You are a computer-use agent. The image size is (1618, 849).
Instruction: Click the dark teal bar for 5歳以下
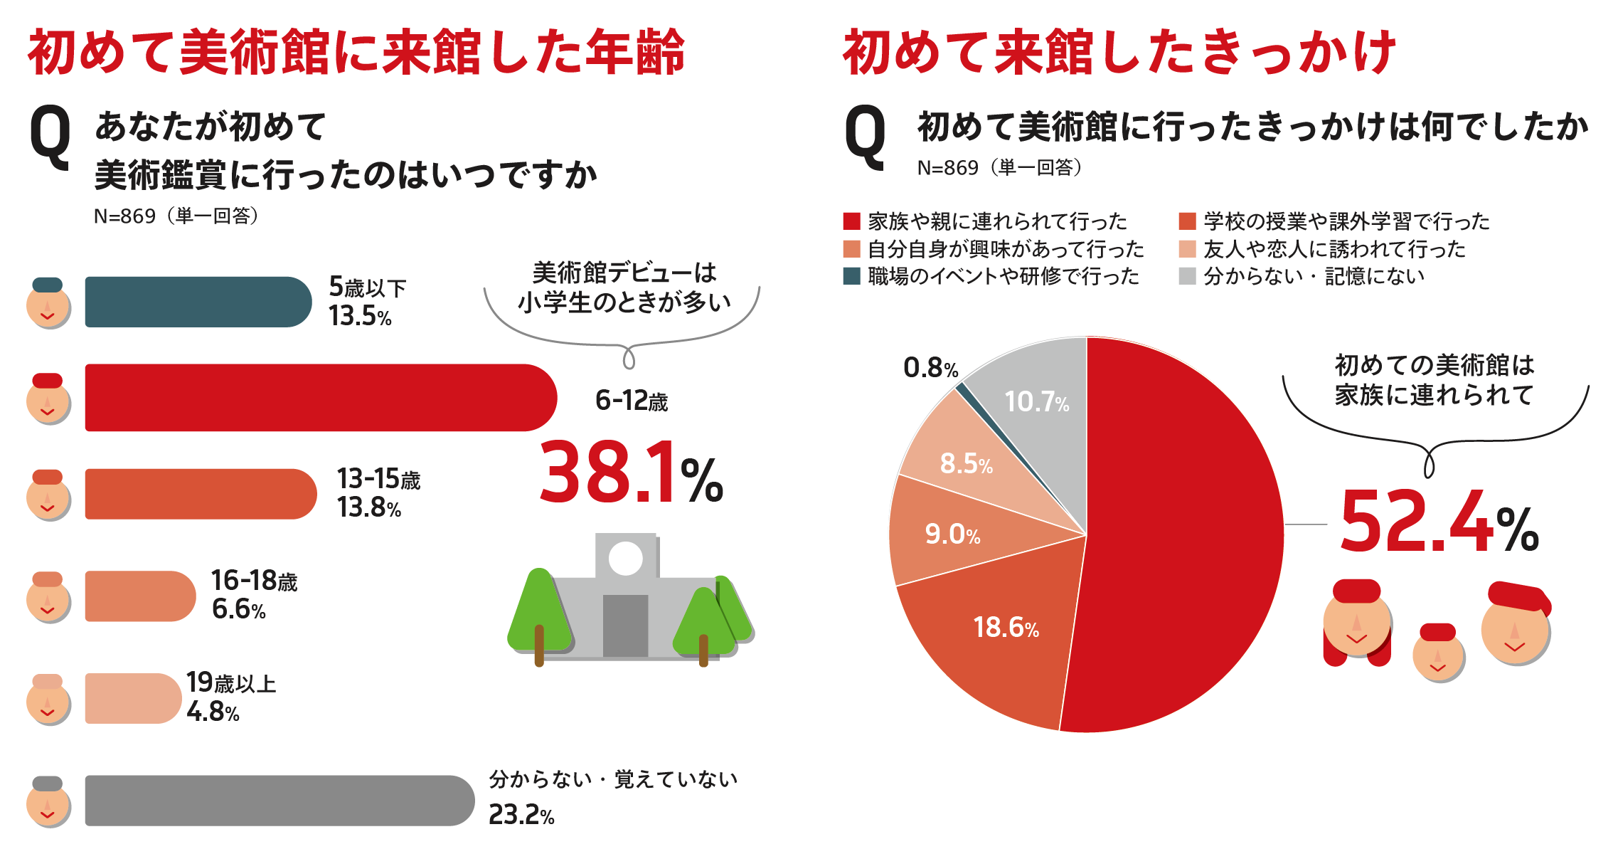tap(198, 302)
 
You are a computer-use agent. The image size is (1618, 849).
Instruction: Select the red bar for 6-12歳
tap(320, 397)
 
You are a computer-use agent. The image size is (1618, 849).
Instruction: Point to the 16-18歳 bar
tap(139, 596)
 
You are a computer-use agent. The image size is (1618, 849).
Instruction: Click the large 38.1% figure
tap(630, 473)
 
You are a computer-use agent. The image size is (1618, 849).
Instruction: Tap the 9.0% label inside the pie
tap(952, 534)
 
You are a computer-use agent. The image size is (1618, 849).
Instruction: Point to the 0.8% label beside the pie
tap(930, 368)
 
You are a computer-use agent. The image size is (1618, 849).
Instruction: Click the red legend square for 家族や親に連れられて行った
tap(851, 221)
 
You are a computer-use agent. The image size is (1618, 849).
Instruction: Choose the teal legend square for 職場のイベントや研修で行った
tap(851, 276)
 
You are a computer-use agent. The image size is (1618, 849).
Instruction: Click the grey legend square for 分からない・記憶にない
tap(1187, 276)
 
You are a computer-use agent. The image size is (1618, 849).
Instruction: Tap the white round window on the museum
tap(626, 558)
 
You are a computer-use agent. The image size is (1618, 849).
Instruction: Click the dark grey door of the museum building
tap(625, 626)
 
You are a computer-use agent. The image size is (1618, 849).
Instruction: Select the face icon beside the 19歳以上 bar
tap(48, 701)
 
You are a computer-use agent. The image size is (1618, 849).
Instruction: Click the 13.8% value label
tap(368, 507)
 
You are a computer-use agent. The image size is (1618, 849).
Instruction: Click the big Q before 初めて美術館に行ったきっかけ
tap(865, 137)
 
